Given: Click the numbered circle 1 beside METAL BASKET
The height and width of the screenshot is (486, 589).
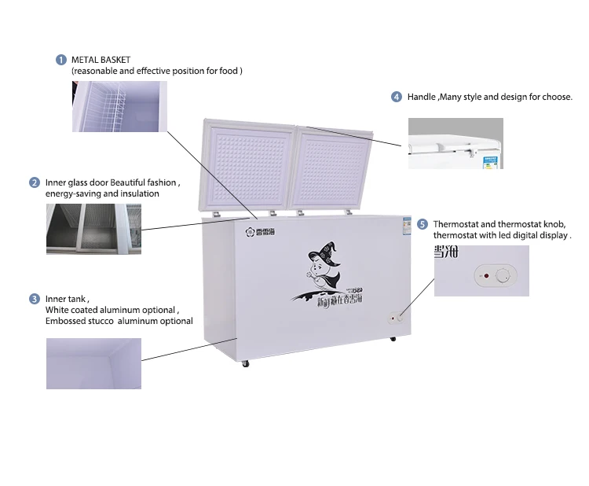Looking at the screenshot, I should [x=60, y=60].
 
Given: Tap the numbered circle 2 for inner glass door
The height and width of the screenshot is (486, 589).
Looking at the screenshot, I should [x=35, y=182].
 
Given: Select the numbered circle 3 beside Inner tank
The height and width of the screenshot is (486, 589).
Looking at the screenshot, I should [x=35, y=299].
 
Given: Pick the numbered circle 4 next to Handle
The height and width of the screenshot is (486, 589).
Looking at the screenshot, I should [x=397, y=97].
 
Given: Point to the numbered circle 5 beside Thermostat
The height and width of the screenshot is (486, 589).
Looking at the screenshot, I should [x=423, y=224].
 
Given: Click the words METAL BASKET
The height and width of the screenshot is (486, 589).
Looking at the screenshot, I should [x=101, y=60].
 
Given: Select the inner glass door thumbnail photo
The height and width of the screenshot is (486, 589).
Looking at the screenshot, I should [x=93, y=229].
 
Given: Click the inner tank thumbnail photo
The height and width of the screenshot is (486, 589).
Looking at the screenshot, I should [x=93, y=363].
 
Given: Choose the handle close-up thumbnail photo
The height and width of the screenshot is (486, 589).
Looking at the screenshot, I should [x=455, y=143].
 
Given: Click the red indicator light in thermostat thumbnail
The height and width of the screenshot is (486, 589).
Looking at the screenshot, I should [x=485, y=276].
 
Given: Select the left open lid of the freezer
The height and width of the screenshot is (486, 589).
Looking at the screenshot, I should [x=246, y=168].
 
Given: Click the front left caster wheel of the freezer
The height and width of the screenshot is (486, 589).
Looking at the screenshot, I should [x=245, y=363].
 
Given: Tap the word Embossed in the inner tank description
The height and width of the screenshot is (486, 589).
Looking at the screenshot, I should [x=66, y=321].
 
